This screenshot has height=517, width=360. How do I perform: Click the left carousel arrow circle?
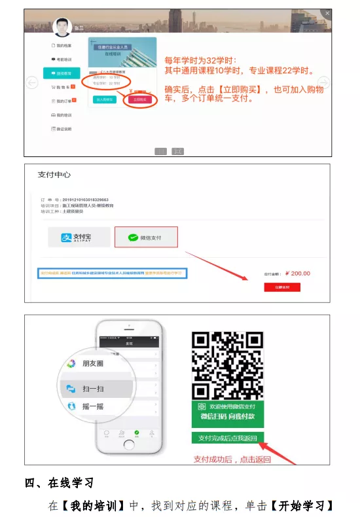(30, 82)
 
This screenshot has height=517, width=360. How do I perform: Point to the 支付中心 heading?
(54, 175)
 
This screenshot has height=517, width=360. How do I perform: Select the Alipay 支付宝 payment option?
(79, 237)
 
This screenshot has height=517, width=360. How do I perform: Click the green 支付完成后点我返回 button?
(228, 438)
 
